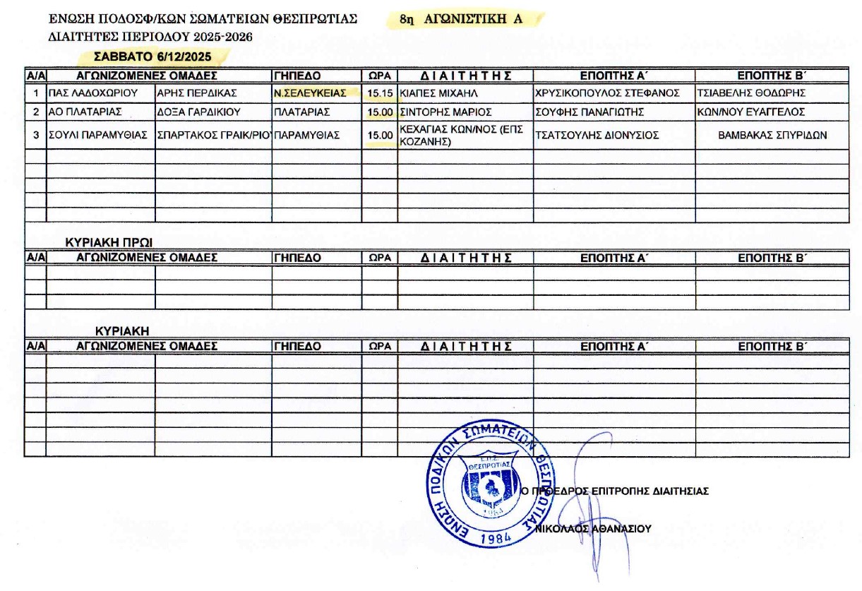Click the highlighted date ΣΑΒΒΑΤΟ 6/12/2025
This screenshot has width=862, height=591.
click(x=152, y=56)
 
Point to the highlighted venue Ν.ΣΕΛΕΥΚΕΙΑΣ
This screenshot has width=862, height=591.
click(x=310, y=92)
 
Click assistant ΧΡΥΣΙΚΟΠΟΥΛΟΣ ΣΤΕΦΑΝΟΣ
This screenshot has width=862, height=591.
click(x=607, y=92)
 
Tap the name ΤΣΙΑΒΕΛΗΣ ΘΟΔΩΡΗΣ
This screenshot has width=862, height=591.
click(x=750, y=92)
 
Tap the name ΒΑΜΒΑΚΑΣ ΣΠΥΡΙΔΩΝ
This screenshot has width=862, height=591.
click(x=772, y=135)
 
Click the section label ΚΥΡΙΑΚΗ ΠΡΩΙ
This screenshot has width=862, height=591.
click(x=109, y=241)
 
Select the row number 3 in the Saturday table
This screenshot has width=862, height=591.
click(x=35, y=135)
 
